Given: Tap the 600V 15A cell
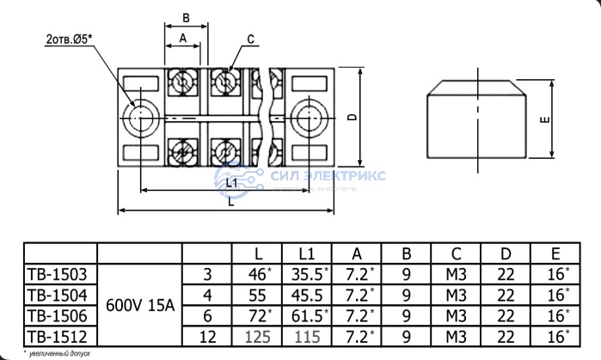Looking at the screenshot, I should [x=139, y=304].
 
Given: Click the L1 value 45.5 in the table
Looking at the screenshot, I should [x=309, y=295].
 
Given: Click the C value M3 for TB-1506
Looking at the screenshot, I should [x=456, y=315].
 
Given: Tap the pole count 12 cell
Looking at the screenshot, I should [x=206, y=335].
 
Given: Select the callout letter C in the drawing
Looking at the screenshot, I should [x=250, y=39].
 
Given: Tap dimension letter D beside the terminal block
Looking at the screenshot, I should [x=353, y=117].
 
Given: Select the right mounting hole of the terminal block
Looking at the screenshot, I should [x=307, y=116].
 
